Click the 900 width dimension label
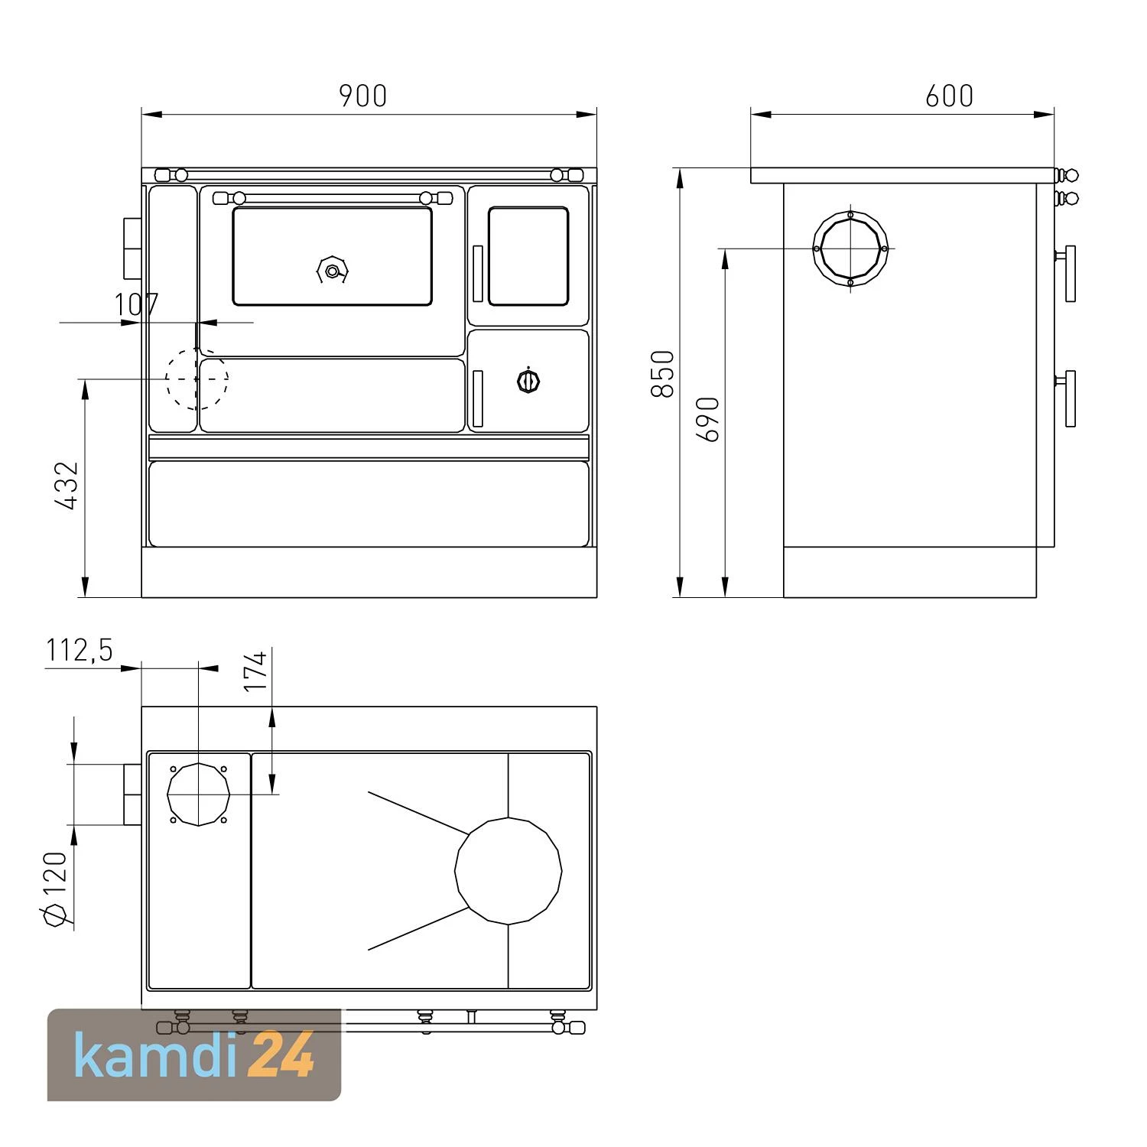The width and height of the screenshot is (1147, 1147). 363,96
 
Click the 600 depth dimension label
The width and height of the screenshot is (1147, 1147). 949,96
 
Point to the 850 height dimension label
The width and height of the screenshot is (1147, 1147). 662,373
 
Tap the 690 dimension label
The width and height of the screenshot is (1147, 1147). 708,419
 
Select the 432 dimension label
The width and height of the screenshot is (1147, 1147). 67,485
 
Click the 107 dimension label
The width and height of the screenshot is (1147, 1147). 136,305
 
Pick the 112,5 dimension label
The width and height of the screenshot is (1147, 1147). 80,650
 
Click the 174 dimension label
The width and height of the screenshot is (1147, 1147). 256,671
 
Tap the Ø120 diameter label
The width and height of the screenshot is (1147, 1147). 57,889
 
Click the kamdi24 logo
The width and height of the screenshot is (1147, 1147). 194,1055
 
